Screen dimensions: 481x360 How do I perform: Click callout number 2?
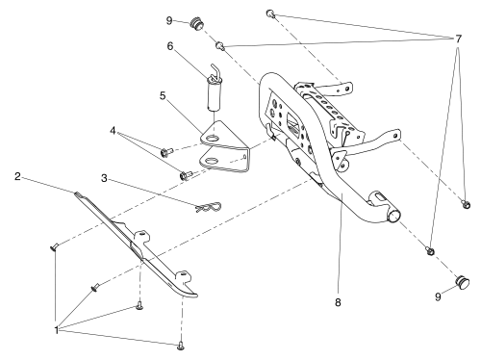coord(17,176)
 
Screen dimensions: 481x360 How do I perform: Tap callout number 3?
coord(104,178)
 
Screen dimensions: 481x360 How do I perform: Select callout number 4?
coord(113,131)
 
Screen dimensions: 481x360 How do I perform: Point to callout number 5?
coord(163,95)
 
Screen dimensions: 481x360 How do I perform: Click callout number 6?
coord(170,46)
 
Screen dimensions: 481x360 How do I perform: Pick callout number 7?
coord(458,39)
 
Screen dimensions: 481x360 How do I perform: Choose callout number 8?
coord(338,302)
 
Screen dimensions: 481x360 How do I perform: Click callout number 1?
coord(57,330)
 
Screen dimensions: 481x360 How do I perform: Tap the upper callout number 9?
coord(169,21)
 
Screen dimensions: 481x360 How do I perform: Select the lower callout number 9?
coord(438,297)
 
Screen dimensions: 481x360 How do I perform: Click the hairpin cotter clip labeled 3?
coord(208,207)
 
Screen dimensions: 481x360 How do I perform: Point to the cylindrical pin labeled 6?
coord(214,91)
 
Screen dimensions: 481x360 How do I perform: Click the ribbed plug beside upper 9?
coord(196,24)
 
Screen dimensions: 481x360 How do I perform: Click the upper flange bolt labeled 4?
coord(166,151)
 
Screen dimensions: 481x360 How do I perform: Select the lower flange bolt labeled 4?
coord(186,175)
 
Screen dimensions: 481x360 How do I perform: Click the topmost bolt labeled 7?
coord(270,13)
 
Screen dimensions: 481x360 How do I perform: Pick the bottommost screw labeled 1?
coord(181,346)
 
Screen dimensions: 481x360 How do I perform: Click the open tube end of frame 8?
coord(394,216)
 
